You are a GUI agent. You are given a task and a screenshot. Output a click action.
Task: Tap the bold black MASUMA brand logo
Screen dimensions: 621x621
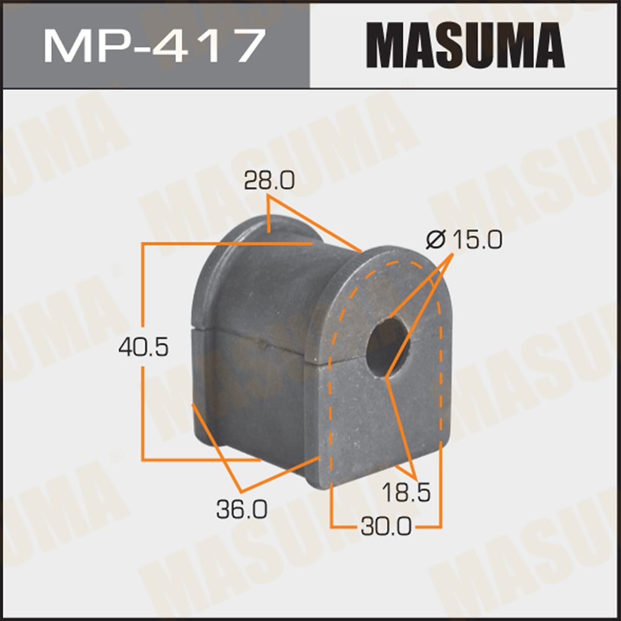[x=465, y=44]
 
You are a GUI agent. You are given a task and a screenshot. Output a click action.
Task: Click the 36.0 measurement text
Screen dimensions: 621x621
[x=242, y=510]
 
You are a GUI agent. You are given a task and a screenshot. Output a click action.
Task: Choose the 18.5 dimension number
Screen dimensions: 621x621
[x=406, y=494]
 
